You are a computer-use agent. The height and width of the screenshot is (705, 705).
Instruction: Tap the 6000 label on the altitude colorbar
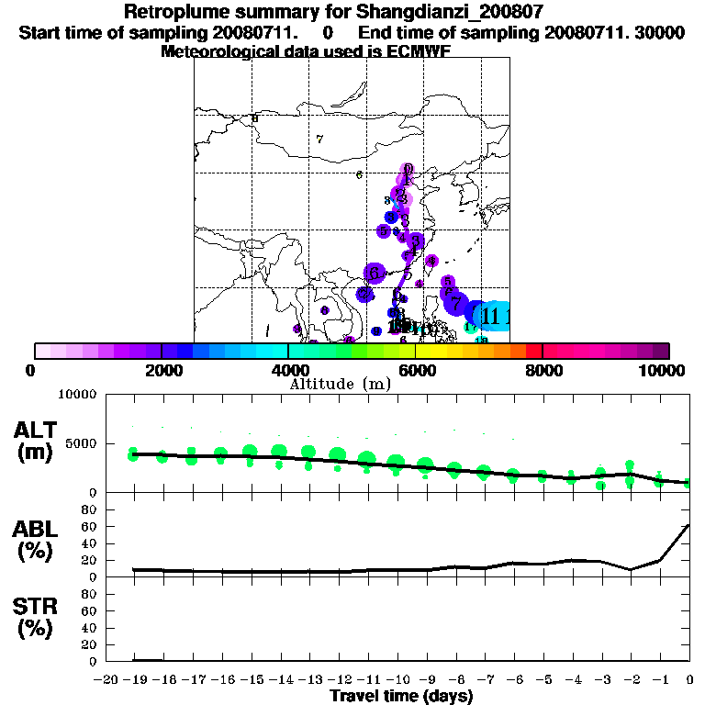(415, 370)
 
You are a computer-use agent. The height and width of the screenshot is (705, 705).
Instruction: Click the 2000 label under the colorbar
(162, 370)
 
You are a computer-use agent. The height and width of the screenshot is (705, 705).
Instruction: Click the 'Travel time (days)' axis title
(401, 696)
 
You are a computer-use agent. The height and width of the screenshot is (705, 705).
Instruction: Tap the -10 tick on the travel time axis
(396, 680)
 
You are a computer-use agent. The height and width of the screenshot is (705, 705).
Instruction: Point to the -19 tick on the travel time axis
(133, 680)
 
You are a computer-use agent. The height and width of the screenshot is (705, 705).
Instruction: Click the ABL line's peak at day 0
(689, 525)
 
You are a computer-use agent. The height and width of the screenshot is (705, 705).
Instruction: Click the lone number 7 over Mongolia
(319, 140)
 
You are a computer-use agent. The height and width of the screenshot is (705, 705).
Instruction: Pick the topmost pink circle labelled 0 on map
(408, 169)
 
